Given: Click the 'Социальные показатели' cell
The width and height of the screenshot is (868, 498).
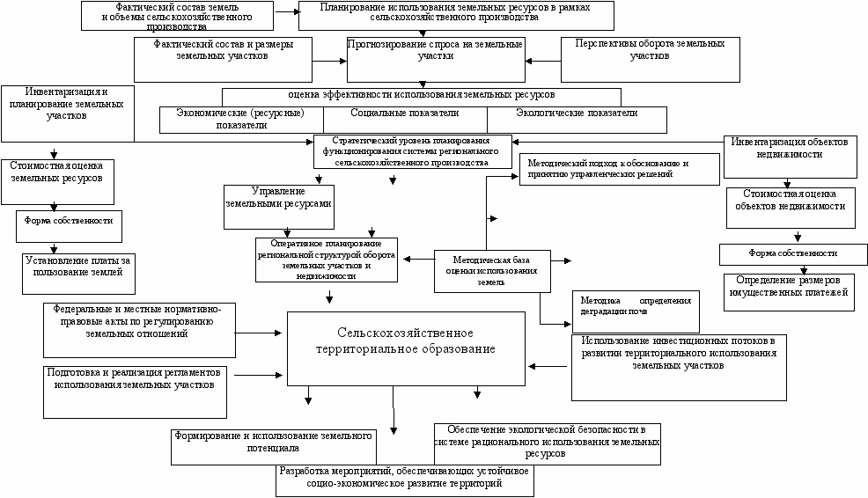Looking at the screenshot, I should [x=405, y=114].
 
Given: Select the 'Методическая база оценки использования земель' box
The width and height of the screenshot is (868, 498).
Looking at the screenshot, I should [x=492, y=270].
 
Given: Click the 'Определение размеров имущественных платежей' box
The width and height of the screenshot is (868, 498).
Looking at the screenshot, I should [x=789, y=290].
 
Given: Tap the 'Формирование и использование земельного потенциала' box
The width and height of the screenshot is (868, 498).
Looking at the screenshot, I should [x=273, y=443].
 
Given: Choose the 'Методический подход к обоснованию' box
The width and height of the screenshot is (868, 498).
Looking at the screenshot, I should [x=619, y=170].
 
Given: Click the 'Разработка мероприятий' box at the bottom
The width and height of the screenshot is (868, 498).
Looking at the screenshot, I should [x=404, y=480].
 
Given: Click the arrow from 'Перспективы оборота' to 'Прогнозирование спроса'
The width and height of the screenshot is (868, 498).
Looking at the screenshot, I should [x=543, y=60].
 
